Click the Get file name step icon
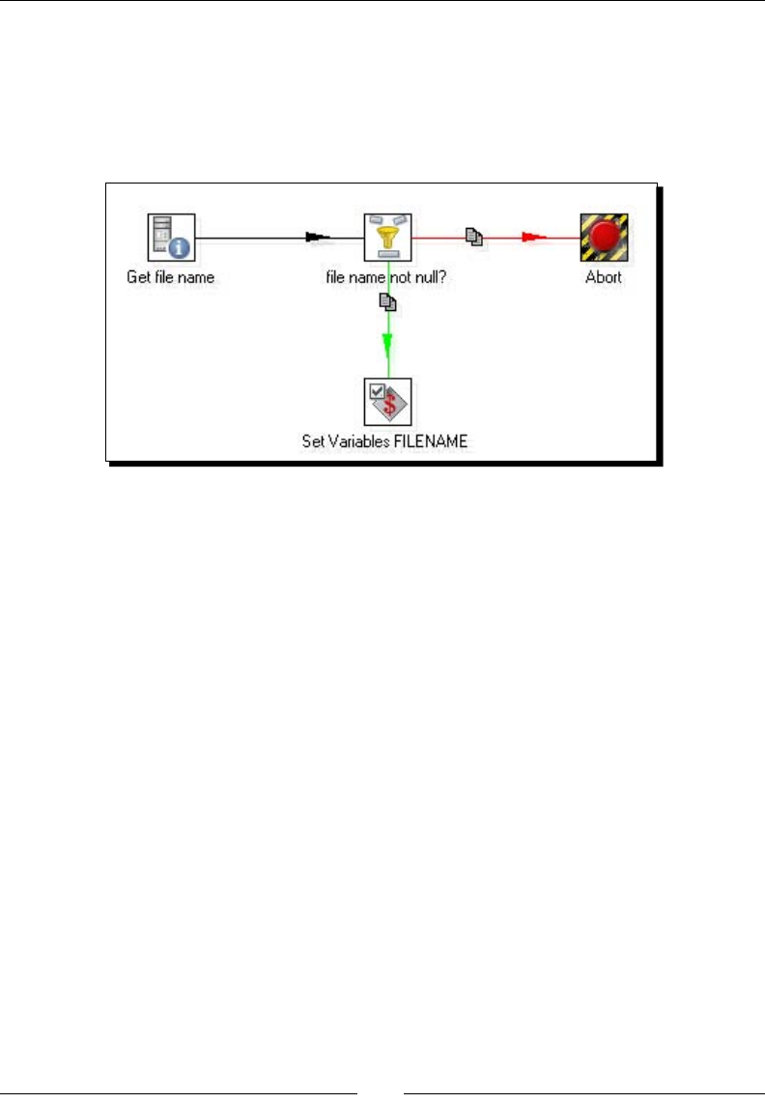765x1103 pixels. [171, 238]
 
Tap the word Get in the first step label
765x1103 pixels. [138, 277]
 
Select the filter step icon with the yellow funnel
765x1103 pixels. [388, 238]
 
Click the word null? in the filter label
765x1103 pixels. [431, 277]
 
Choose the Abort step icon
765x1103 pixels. [604, 238]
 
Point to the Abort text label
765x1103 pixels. [604, 277]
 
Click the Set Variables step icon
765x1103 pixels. [388, 402]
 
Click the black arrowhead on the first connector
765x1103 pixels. [318, 237]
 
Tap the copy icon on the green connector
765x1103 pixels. [387, 302]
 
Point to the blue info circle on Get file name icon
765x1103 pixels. [181, 248]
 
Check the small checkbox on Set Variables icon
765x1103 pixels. [377, 390]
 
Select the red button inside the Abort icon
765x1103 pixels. [604, 235]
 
